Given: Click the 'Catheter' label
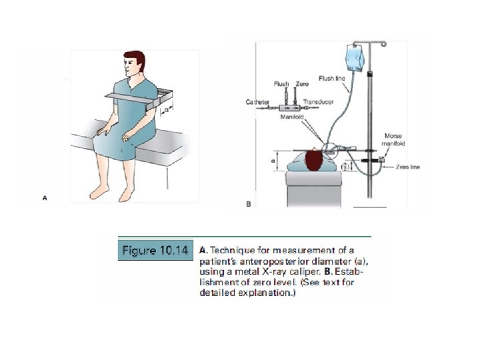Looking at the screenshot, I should (257, 102).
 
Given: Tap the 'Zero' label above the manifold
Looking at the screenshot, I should (302, 84).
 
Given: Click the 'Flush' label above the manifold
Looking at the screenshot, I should (281, 84).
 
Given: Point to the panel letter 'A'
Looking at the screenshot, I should (45, 197).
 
